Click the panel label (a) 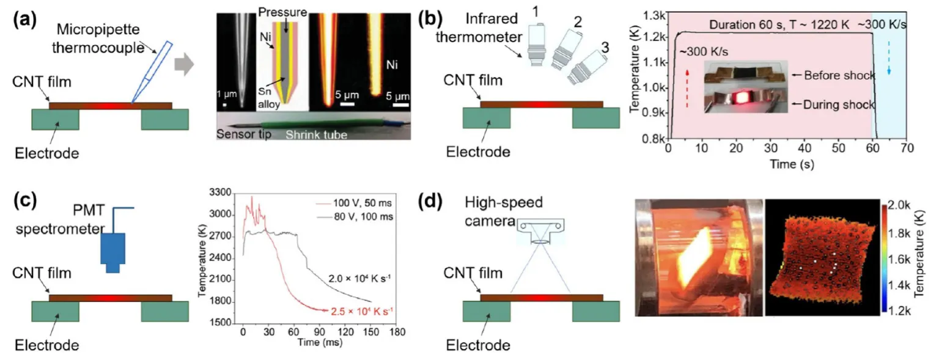(24, 20)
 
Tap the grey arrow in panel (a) (184, 65)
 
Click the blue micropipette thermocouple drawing (151, 72)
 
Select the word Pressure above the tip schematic (282, 12)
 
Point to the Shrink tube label (317, 135)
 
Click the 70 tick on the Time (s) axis (907, 149)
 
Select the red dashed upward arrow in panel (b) (688, 89)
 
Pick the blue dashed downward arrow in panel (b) (889, 58)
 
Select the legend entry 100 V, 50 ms (362, 204)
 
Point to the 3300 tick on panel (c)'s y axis (220, 193)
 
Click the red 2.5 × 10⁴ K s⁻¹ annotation (362, 311)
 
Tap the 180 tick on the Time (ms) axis (397, 332)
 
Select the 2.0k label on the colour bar (899, 205)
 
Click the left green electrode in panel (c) (56, 311)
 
